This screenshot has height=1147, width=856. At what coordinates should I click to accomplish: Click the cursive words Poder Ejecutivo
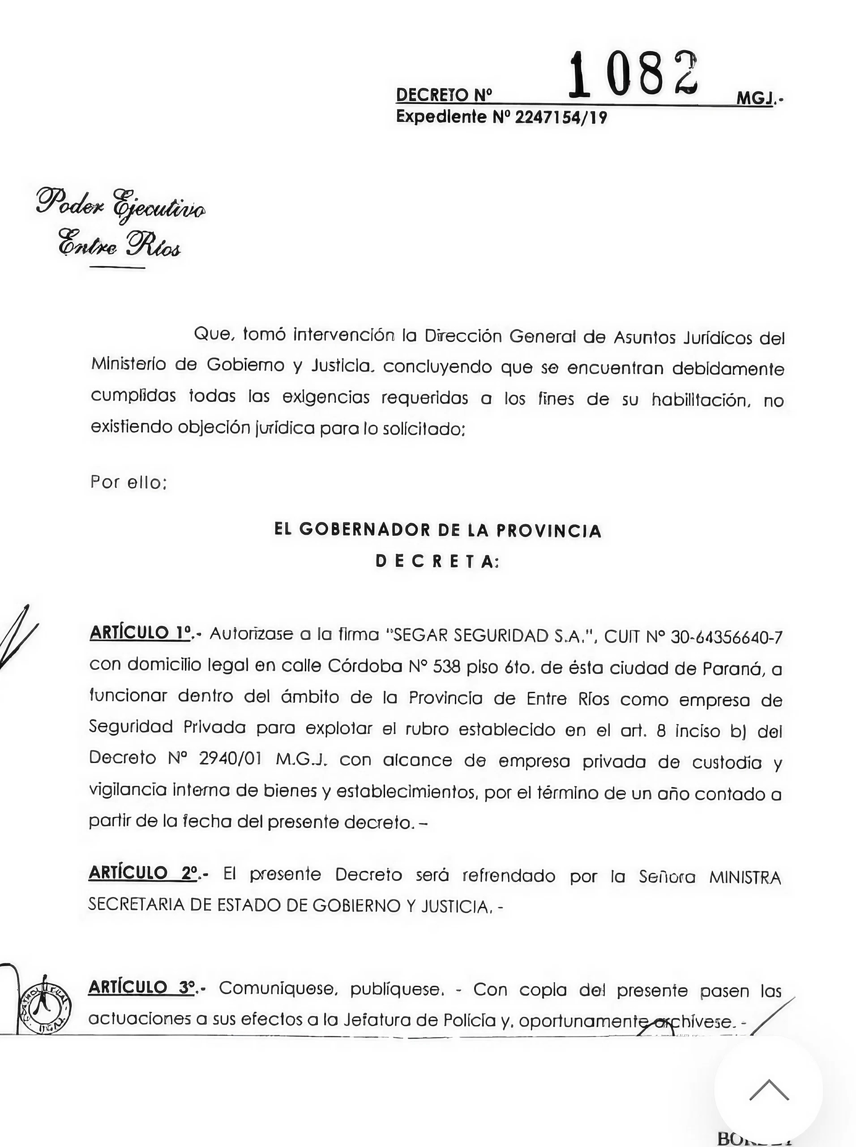point(121,204)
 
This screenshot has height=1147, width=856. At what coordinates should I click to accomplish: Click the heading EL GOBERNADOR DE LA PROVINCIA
point(438,530)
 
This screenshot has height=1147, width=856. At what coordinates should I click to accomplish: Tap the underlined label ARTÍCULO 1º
point(140,633)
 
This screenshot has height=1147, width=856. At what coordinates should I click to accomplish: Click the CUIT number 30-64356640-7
point(726,637)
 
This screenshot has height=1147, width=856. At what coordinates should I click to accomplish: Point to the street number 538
point(447,667)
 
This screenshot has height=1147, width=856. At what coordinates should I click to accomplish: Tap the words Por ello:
point(128,482)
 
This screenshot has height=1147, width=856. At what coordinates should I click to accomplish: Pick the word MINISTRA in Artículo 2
point(745,877)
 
